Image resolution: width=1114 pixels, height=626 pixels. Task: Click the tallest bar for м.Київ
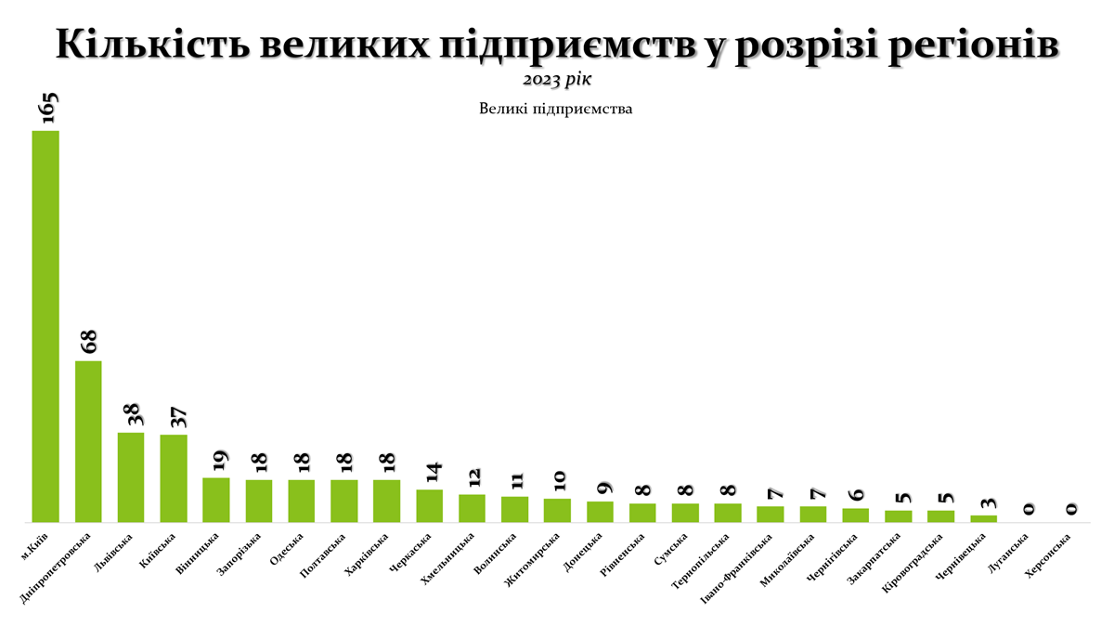45,325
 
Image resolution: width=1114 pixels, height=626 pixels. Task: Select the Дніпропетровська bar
88,441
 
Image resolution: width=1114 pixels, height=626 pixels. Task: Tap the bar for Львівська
131,476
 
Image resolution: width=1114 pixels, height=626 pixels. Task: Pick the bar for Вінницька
216,500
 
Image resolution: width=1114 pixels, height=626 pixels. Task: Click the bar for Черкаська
429,505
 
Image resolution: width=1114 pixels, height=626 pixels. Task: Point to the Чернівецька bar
983,518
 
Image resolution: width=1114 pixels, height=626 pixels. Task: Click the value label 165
46,108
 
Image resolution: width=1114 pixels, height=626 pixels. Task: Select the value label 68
89,341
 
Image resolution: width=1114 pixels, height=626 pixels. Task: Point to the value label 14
431,472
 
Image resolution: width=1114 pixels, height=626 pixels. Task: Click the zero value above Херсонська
1069,509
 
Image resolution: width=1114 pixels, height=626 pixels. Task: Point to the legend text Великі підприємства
556,110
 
